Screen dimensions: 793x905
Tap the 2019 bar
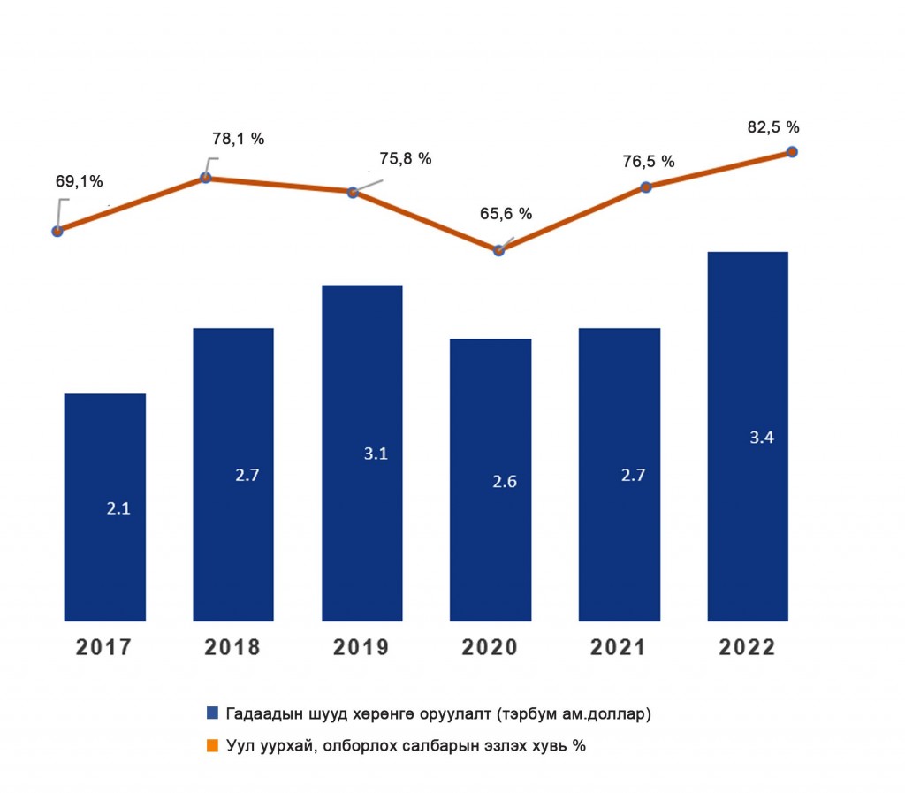(361, 453)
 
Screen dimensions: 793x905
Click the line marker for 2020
(498, 250)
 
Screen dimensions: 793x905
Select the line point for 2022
(792, 152)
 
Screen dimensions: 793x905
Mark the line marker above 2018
(206, 178)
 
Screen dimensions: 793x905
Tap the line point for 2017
(57, 232)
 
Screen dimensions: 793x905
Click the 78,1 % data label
(238, 139)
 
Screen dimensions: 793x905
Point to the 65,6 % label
(505, 213)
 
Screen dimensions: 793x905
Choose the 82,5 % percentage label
(774, 127)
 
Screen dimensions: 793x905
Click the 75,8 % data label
(406, 159)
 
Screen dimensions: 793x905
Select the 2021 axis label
(619, 648)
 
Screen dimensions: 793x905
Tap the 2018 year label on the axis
(232, 648)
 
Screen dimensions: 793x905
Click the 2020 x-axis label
(490, 648)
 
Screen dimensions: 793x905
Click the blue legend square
(212, 713)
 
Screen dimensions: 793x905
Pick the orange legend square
(212, 746)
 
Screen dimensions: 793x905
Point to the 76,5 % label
(648, 162)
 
